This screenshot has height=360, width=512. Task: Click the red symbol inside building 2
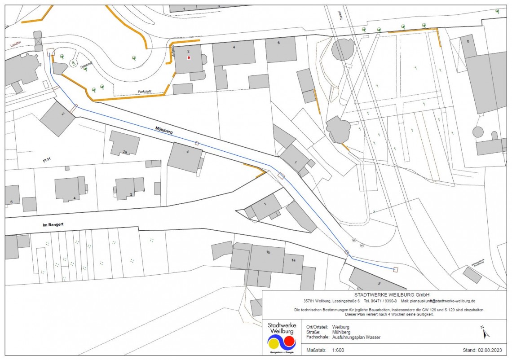[x=189, y=57]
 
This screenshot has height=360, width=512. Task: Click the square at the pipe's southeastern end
[x=395, y=269]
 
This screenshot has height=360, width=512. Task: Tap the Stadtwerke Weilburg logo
[x=282, y=339]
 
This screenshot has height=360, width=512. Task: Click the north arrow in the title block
[x=485, y=332]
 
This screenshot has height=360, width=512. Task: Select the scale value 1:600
[x=338, y=350]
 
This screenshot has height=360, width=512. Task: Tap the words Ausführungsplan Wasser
[x=356, y=337]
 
